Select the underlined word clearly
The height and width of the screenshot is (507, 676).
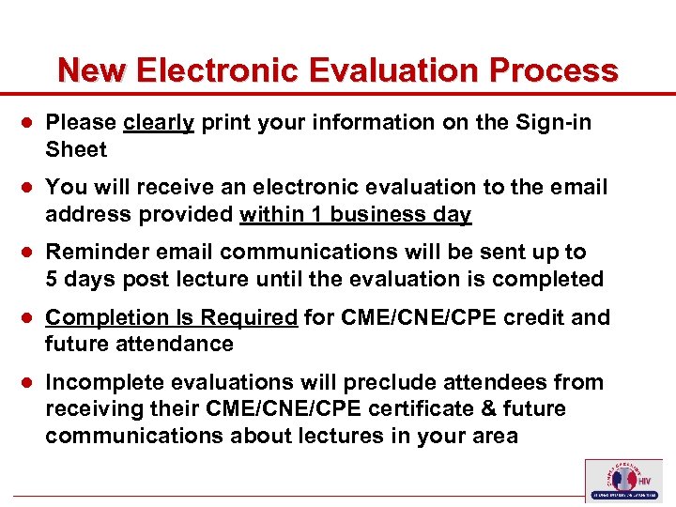click(x=158, y=123)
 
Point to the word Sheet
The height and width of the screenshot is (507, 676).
click(x=76, y=149)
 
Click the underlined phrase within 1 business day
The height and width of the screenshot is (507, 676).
click(x=355, y=215)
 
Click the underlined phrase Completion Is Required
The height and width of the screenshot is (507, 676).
click(x=171, y=317)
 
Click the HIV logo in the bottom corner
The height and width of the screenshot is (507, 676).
click(x=622, y=479)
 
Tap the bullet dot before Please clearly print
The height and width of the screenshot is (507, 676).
click(x=30, y=123)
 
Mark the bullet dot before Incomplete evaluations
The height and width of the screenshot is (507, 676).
click(x=30, y=383)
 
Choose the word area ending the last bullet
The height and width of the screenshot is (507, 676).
click(x=494, y=436)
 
